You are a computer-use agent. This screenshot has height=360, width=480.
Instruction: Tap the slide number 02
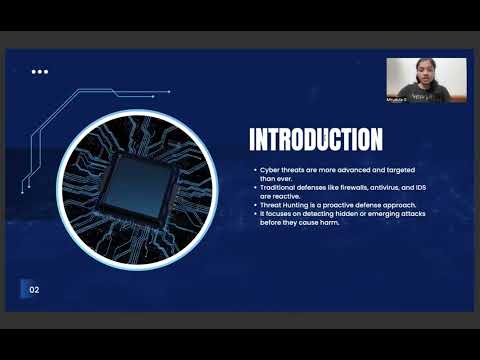coord(34,291)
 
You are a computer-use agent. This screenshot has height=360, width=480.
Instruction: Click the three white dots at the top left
coord(40,72)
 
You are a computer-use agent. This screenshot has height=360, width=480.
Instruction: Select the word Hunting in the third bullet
coord(291,204)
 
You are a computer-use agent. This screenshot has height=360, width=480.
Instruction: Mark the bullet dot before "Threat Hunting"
coord(254,204)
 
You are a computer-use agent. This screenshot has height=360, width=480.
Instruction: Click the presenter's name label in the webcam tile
coord(398,97)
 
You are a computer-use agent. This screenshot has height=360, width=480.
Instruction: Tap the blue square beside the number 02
coord(23,290)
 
